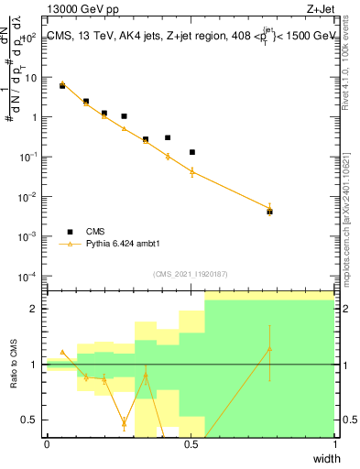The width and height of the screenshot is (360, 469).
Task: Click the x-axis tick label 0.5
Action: point(191,444)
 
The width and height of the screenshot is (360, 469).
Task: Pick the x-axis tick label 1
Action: point(334,444)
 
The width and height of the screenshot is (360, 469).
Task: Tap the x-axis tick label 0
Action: point(47,444)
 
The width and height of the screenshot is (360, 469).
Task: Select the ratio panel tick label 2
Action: point(36,309)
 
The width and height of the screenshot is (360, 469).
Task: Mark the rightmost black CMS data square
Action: point(269,212)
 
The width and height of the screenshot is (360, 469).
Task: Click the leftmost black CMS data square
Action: point(62,85)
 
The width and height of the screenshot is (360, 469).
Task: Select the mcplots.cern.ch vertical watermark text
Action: point(351,229)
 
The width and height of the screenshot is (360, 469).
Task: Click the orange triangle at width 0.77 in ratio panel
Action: point(269,349)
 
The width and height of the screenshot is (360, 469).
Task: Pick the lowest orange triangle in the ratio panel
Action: point(124,423)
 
